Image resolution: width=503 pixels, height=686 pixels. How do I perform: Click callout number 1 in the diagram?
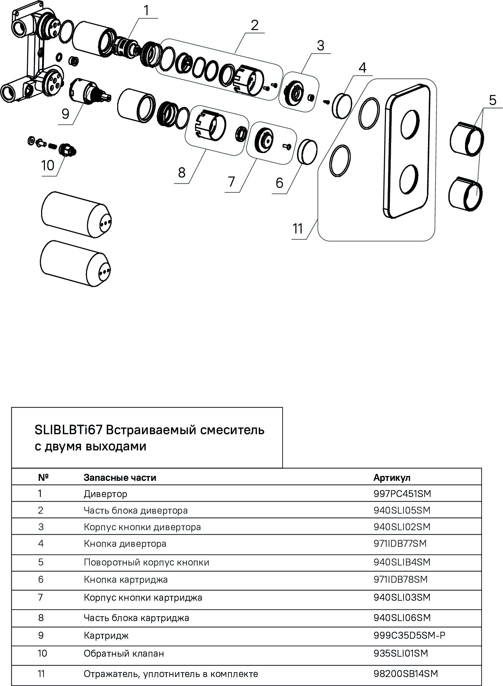click(x=146, y=11)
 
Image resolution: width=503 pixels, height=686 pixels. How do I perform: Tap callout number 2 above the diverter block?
click(x=255, y=25)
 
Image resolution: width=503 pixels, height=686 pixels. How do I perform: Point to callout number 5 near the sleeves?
click(x=493, y=100)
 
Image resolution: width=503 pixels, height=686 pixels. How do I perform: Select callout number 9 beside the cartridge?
click(x=66, y=114)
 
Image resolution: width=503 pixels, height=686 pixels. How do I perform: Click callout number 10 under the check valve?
click(x=48, y=165)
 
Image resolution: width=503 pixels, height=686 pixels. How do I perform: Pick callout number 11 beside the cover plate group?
click(x=298, y=229)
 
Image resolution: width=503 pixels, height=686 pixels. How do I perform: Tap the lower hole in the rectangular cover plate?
click(x=409, y=179)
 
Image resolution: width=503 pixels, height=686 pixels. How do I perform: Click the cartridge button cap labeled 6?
click(x=307, y=151)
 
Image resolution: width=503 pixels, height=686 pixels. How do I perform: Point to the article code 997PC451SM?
click(x=402, y=494)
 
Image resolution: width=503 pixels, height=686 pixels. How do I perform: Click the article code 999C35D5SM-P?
click(x=409, y=635)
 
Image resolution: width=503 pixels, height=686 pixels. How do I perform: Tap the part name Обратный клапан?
click(x=124, y=654)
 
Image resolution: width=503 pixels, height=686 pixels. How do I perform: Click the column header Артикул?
click(x=392, y=478)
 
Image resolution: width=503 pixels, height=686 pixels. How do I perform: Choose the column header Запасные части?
click(x=120, y=478)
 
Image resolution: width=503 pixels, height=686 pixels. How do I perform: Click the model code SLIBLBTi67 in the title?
click(x=68, y=430)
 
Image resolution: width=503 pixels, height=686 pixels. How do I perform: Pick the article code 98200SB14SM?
click(x=406, y=674)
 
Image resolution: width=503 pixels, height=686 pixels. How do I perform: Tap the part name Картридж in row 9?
click(x=106, y=636)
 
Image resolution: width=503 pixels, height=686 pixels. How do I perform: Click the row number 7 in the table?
click(x=41, y=597)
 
